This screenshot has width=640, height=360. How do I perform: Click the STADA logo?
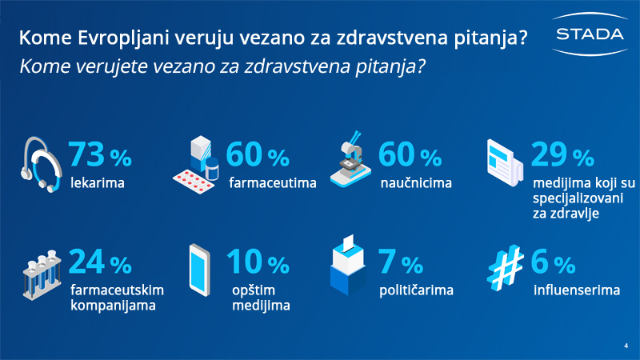click(x=590, y=34)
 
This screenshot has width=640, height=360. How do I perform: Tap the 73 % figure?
click(x=100, y=154)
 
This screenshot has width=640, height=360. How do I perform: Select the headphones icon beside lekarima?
click(x=42, y=164)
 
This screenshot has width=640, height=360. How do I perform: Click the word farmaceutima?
click(x=273, y=183)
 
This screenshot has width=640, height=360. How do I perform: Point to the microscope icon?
click(x=350, y=159)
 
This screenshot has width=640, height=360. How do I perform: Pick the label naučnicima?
click(x=416, y=183)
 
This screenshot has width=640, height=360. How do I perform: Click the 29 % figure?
click(x=562, y=154)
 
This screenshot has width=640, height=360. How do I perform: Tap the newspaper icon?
click(x=505, y=162)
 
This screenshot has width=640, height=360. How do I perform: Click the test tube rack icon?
click(x=42, y=275)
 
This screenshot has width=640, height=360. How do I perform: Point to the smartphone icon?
click(x=199, y=270)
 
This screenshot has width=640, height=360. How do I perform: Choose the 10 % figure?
click(x=258, y=262)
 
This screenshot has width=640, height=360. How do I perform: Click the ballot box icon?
click(x=348, y=265)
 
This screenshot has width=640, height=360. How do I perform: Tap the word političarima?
click(x=416, y=290)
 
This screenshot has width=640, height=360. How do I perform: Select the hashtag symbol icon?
click(x=506, y=268)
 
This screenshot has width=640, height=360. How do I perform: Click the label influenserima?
click(x=577, y=290)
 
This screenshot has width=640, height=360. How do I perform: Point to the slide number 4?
click(x=626, y=346)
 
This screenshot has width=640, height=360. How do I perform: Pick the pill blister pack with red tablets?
click(x=194, y=182)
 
